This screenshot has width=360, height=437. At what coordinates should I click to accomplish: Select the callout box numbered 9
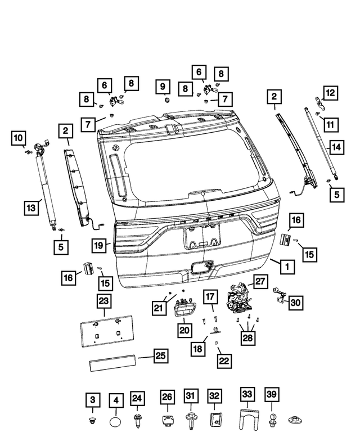(163, 87)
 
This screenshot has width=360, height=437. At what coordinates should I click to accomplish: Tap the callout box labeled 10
(19, 137)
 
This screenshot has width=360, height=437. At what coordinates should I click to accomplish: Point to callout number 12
(330, 92)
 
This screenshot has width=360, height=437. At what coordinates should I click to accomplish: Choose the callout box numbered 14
(336, 147)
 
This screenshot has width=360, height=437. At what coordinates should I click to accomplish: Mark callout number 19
(100, 245)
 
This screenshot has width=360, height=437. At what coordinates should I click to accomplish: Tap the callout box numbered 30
(296, 303)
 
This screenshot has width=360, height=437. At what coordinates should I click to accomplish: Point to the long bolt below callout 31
(190, 420)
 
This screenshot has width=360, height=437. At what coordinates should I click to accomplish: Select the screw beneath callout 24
(137, 420)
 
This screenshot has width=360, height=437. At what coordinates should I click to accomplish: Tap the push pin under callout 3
(93, 420)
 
